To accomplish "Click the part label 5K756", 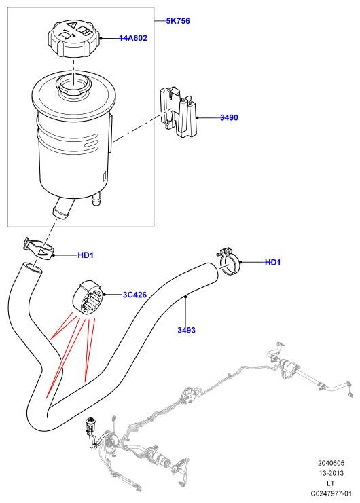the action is pyautogui.click(x=178, y=21).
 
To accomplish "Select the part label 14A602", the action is pyautogui.click(x=133, y=38).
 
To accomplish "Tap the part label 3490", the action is pyautogui.click(x=229, y=117).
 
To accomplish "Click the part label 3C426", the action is pyautogui.click(x=134, y=295).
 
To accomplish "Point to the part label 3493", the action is pyautogui.click(x=186, y=330).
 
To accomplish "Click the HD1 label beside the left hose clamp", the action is pyautogui.click(x=86, y=255).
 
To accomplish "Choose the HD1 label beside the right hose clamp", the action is pyautogui.click(x=273, y=263).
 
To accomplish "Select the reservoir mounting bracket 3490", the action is pyautogui.click(x=179, y=111).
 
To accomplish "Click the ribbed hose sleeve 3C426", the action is pyautogui.click(x=88, y=297).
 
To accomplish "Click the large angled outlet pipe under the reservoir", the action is pyautogui.click(x=62, y=208).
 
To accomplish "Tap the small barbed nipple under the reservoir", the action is pyautogui.click(x=96, y=199).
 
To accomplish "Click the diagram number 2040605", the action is pyautogui.click(x=331, y=463).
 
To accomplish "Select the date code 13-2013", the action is pyautogui.click(x=331, y=473).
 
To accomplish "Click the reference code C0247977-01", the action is pyautogui.click(x=331, y=493).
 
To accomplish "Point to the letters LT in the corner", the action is pyautogui.click(x=331, y=483).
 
